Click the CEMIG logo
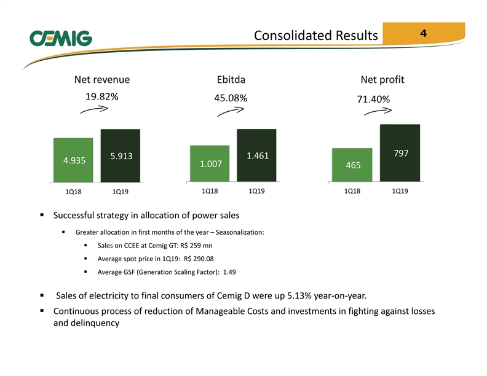tap(61, 38)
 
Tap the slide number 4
tap(423, 33)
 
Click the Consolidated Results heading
tap(316, 36)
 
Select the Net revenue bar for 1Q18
tap(73, 160)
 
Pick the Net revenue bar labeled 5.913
tap(121, 155)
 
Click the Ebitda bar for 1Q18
tap(210, 163)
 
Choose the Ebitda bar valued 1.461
tap(256, 155)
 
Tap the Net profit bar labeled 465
tap(352, 165)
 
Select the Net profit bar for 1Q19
tap(400, 153)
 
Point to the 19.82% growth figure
tap(102, 97)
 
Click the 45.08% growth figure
tap(231, 98)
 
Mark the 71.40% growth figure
tap(373, 100)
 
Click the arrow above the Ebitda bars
tap(231, 111)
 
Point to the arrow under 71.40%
tap(378, 111)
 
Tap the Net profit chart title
tap(382, 80)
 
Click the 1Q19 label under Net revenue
tap(121, 192)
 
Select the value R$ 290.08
tap(199, 259)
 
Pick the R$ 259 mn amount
tap(196, 245)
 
